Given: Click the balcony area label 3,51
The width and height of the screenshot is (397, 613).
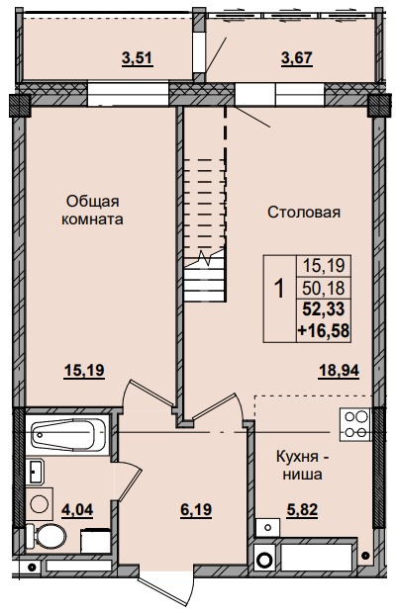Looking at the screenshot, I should (x=137, y=57).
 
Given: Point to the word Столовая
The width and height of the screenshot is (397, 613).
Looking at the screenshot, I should (x=304, y=212).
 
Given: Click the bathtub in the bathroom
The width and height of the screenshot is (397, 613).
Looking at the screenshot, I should (x=66, y=436).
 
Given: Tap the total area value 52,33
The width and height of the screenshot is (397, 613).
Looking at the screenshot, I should (x=323, y=307).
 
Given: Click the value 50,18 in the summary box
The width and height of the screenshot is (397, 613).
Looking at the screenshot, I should (x=323, y=287).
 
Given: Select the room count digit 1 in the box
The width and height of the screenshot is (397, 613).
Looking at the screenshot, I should (x=278, y=290).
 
